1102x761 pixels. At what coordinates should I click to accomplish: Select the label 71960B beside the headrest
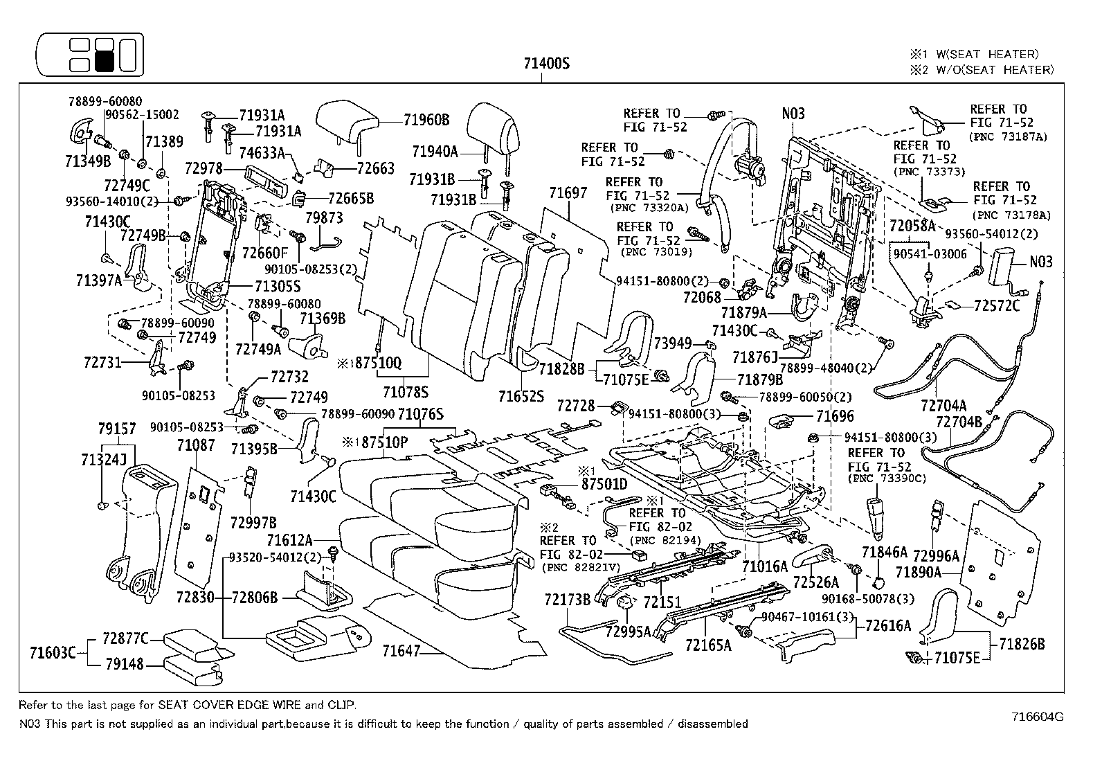tap(426, 120)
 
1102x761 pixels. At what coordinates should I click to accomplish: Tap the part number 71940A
tap(435, 152)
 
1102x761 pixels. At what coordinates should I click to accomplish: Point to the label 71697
tap(568, 193)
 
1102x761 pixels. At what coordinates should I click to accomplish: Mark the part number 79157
tap(117, 429)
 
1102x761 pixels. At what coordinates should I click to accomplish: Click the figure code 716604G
tap(1037, 717)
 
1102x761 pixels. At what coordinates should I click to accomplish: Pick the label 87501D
tap(604, 483)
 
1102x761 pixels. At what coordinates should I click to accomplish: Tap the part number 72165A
tap(708, 645)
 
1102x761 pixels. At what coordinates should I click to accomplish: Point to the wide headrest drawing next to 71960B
tap(347, 121)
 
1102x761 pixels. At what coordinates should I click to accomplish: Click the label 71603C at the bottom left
tap(53, 652)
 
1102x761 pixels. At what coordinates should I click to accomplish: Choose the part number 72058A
tap(912, 226)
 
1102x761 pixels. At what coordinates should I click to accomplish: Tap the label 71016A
tap(765, 566)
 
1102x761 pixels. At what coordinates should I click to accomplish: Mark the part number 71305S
tap(278, 285)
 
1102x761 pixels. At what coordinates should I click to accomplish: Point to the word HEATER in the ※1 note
tap(1015, 54)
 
